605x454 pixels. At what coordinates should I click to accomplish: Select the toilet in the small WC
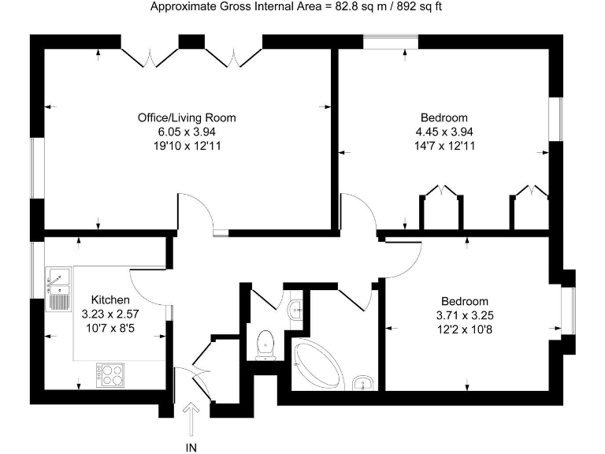point(265,341)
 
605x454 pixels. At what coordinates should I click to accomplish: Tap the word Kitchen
point(110,300)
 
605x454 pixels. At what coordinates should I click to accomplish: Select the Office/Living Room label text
point(187,117)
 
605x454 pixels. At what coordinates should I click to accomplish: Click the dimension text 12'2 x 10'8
point(464,329)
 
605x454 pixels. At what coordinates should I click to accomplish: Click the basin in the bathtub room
point(361,383)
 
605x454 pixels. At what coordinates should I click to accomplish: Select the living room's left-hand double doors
point(149,55)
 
